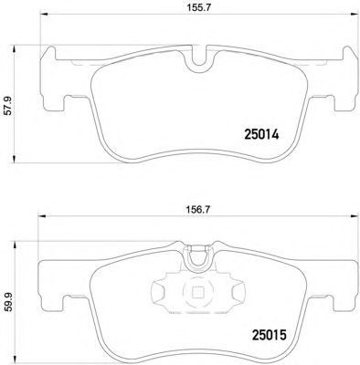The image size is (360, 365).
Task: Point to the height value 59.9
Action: click(9, 302)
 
